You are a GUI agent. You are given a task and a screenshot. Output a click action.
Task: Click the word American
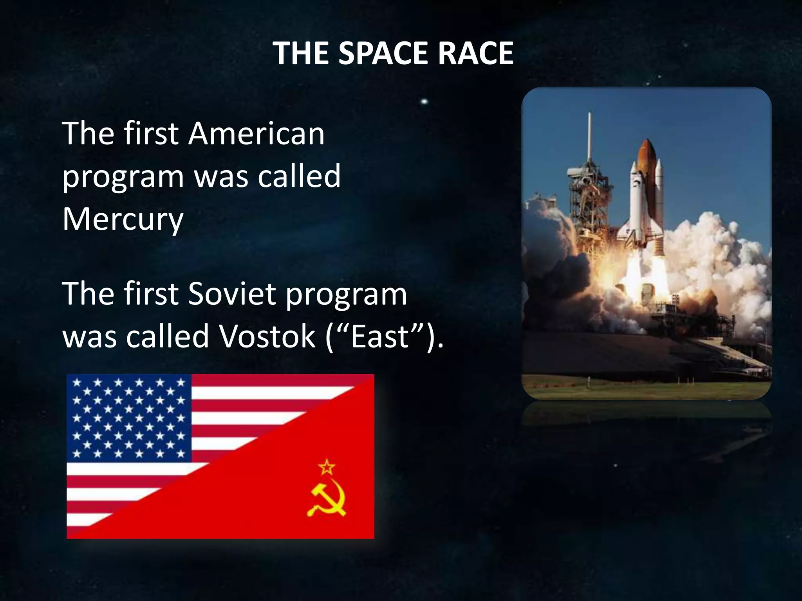coord(256,134)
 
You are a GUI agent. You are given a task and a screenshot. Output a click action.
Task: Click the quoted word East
coord(380,336)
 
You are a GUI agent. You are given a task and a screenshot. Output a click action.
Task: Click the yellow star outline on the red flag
coord(327,466)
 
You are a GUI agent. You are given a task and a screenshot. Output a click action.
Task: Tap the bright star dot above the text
coord(424,102)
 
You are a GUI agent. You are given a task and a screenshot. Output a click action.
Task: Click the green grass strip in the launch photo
coord(646,389)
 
